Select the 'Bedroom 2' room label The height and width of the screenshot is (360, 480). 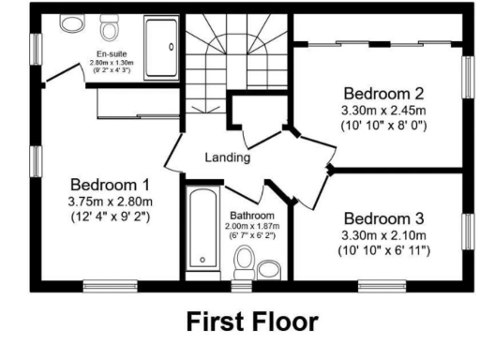(x=383, y=94)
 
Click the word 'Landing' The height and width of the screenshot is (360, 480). (x=228, y=157)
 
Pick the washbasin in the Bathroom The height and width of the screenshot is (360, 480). (x=270, y=270)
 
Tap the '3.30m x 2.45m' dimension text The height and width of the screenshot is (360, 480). (x=383, y=110)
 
